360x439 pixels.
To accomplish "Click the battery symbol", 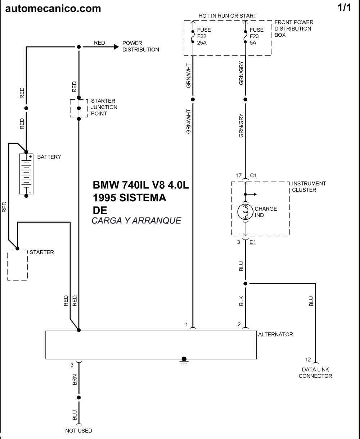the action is point(26,174).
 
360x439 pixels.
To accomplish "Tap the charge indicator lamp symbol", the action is point(246,212).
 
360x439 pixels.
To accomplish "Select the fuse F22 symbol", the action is point(193,37).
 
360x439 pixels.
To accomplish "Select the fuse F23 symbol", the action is point(246,37).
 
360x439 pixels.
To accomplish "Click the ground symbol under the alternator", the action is point(184,361).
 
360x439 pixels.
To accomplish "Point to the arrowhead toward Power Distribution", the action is point(116,47).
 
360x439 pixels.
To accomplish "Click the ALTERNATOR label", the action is point(275,335).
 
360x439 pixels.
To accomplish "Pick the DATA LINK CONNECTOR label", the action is point(315,373).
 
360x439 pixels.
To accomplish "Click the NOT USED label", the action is point(78,431).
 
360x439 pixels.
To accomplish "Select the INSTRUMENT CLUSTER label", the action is point(309,187).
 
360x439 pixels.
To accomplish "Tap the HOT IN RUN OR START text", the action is point(227,15).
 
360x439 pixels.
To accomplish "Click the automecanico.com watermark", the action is point(53,9).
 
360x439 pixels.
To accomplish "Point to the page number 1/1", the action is point(344,8).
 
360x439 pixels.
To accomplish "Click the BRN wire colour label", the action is point(75,380).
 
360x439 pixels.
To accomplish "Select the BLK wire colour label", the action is point(241,301).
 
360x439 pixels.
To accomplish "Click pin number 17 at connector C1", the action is point(239,175).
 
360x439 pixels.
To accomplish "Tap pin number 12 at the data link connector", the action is point(308,359).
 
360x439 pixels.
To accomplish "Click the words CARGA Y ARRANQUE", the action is point(136,221).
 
